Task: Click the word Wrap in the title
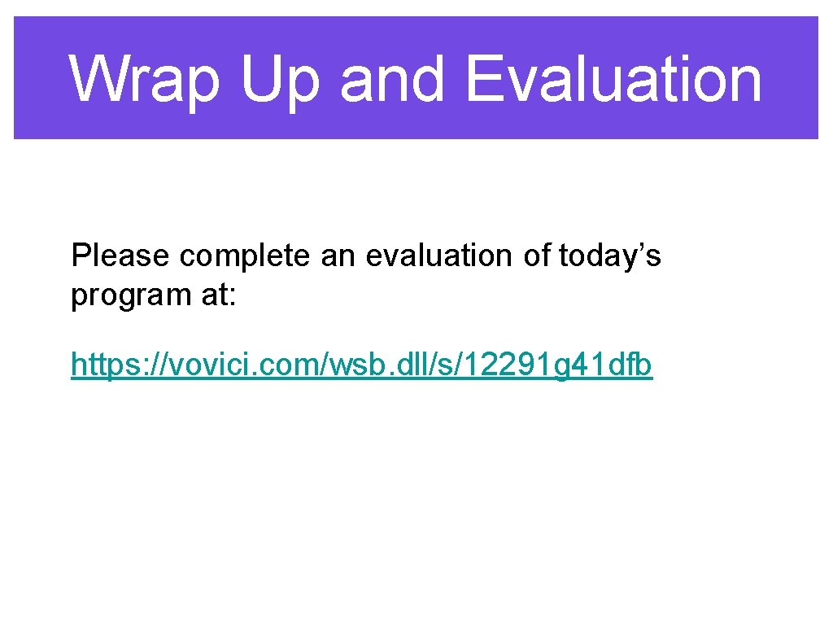[145, 79]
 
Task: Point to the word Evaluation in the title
[613, 79]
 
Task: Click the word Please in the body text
[121, 256]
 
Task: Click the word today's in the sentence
[610, 256]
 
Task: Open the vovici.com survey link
[361, 365]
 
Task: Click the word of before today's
[537, 256]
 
